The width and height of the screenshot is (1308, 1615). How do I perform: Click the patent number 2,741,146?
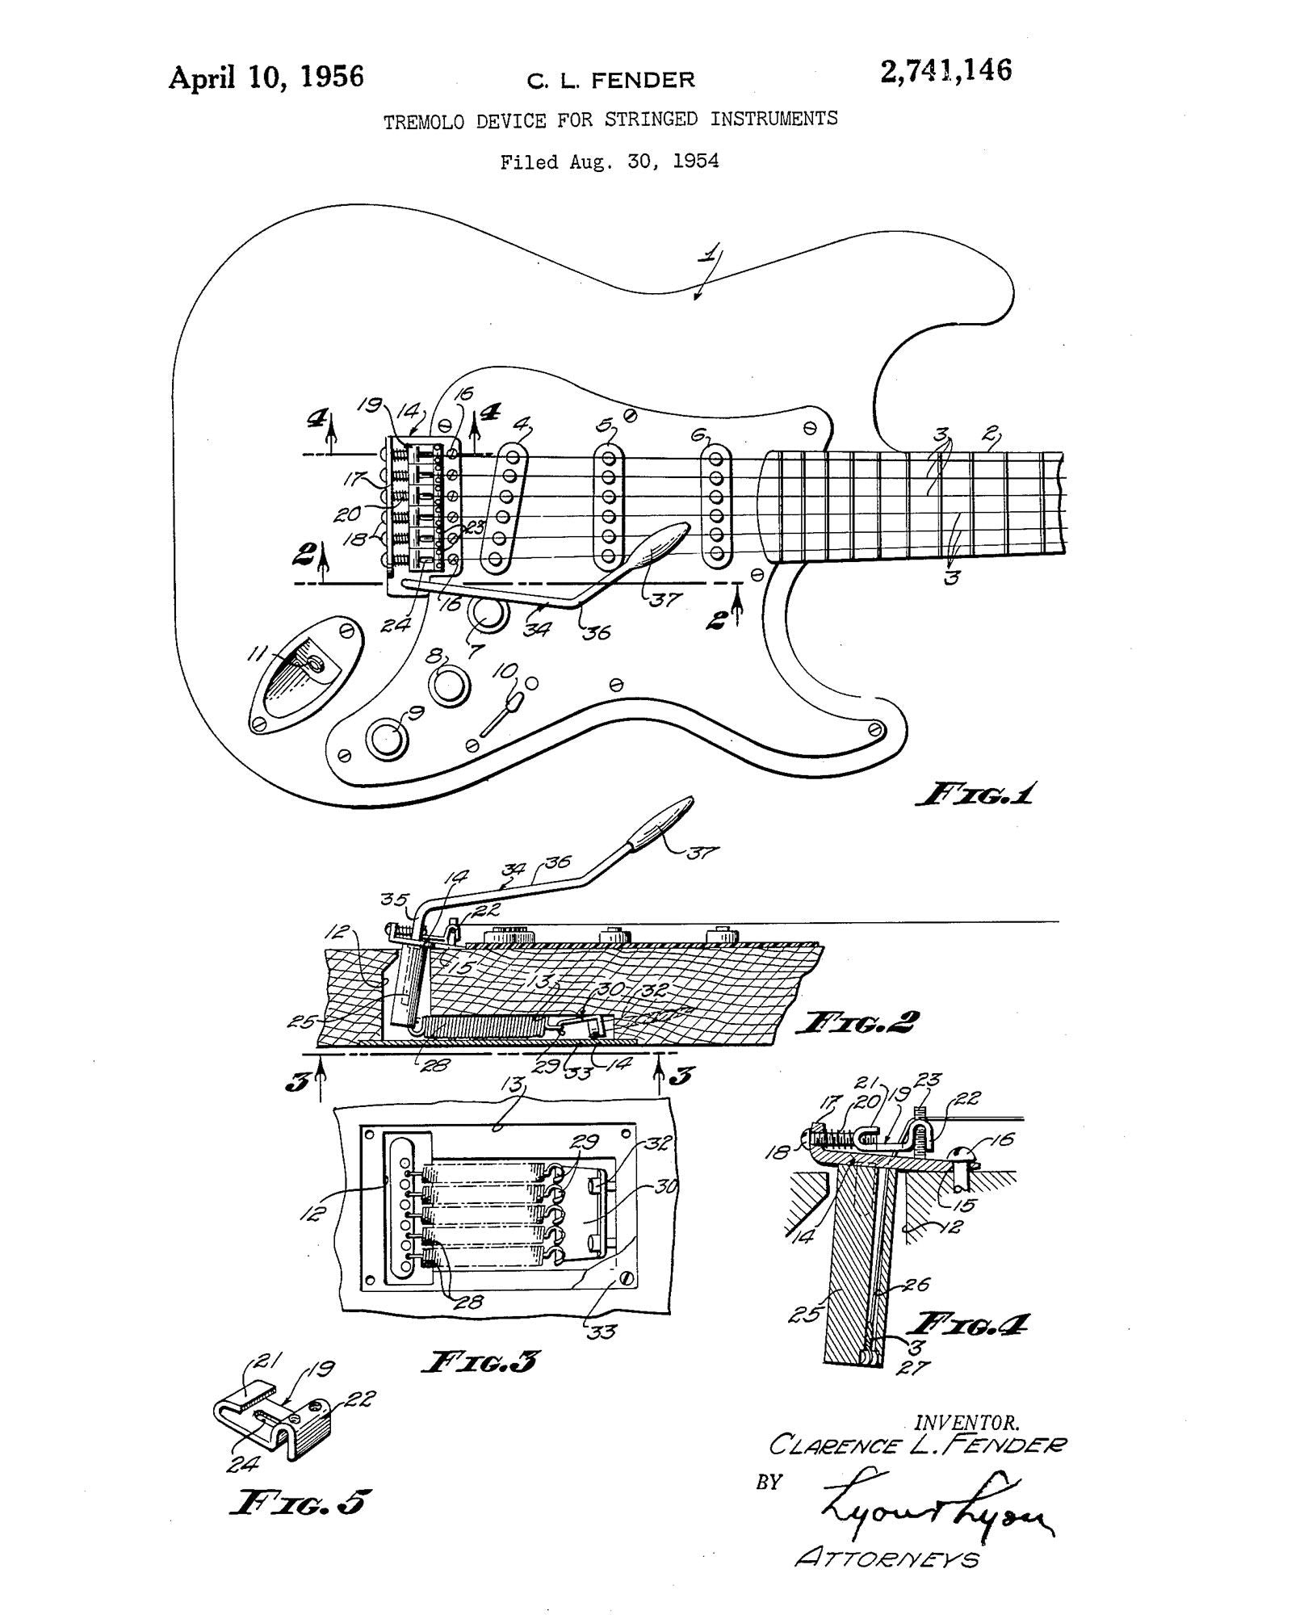[x=945, y=71]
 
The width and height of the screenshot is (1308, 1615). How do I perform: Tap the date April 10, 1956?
[x=266, y=77]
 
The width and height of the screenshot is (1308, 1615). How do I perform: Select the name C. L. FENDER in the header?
[x=610, y=80]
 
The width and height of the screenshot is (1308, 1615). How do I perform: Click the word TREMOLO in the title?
[x=424, y=123]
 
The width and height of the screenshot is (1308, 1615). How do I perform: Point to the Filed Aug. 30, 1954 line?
[x=610, y=161]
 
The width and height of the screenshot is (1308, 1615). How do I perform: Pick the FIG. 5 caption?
[x=300, y=1502]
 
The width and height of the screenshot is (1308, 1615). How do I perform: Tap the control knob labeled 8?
[x=449, y=686]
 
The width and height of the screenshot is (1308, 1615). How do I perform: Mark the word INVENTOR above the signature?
[x=966, y=1422]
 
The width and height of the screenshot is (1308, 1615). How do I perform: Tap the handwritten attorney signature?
[x=937, y=1502]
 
